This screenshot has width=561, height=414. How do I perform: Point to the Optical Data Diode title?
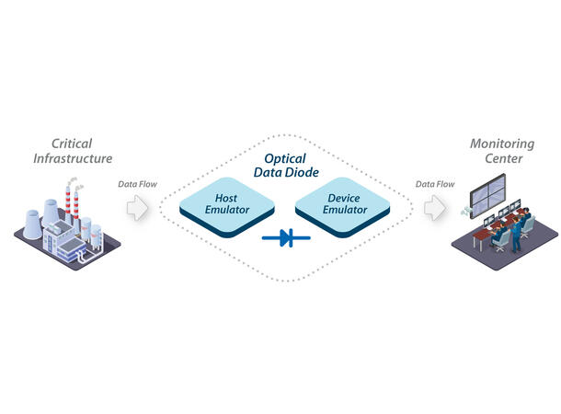point(285,166)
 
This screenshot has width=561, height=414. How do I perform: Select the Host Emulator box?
point(226,205)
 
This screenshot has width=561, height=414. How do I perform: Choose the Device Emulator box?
point(344,205)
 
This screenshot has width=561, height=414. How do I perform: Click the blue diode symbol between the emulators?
point(285,239)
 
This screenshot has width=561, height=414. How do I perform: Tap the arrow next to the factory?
point(137,208)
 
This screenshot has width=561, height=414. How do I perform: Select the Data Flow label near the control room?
point(435,184)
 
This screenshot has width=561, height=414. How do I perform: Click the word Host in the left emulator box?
point(226,198)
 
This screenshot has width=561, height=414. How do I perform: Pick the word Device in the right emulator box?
point(344,198)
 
